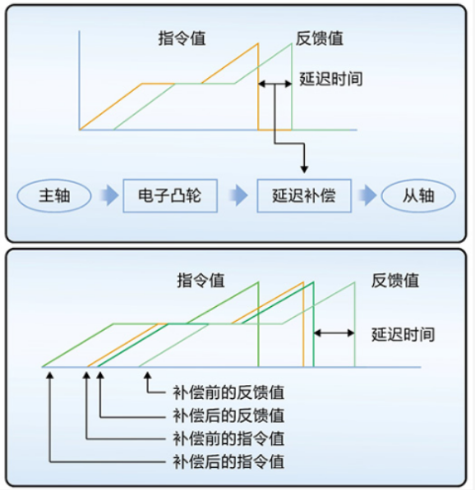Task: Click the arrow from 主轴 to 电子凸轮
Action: pyautogui.click(x=109, y=195)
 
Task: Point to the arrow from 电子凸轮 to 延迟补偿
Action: pyautogui.click(x=238, y=195)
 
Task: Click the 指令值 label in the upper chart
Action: pyautogui.click(x=182, y=39)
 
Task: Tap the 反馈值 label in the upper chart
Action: pyautogui.click(x=320, y=39)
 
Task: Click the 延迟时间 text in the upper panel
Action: pyautogui.click(x=331, y=79)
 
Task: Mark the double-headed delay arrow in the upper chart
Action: pyautogui.click(x=275, y=84)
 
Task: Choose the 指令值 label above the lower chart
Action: pyautogui.click(x=201, y=280)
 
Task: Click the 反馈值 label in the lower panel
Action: pyautogui.click(x=395, y=280)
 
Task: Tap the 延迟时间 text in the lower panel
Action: pyautogui.click(x=403, y=334)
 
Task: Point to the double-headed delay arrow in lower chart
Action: pyautogui.click(x=334, y=333)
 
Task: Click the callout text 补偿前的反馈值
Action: pyautogui.click(x=228, y=392)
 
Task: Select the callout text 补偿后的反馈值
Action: pyautogui.click(x=228, y=416)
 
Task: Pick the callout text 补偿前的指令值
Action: pyautogui.click(x=228, y=439)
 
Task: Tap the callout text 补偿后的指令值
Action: pyautogui.click(x=228, y=462)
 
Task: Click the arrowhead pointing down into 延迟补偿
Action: pyautogui.click(x=304, y=169)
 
